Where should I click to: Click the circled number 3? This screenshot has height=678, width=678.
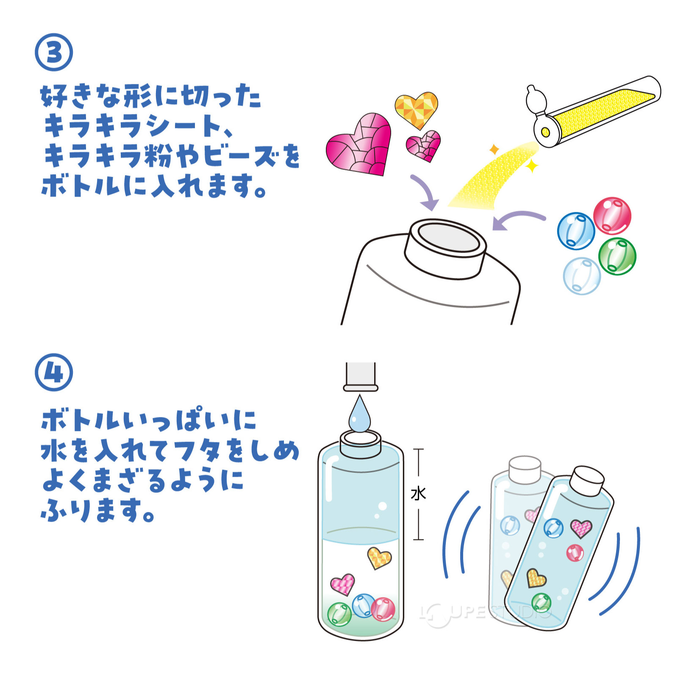54,52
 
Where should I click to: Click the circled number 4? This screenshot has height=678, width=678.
54,372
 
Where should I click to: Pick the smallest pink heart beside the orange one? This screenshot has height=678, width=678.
423,145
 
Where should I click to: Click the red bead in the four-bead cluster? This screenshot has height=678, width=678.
612,216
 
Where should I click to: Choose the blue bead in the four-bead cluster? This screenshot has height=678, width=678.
576,231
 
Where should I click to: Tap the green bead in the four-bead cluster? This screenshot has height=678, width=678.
617,256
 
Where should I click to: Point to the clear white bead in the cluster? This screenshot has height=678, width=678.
582,276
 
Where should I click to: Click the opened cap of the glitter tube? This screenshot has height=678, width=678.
536,101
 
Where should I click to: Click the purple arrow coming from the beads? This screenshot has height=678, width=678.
518,219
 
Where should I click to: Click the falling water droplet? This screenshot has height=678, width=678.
359,415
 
